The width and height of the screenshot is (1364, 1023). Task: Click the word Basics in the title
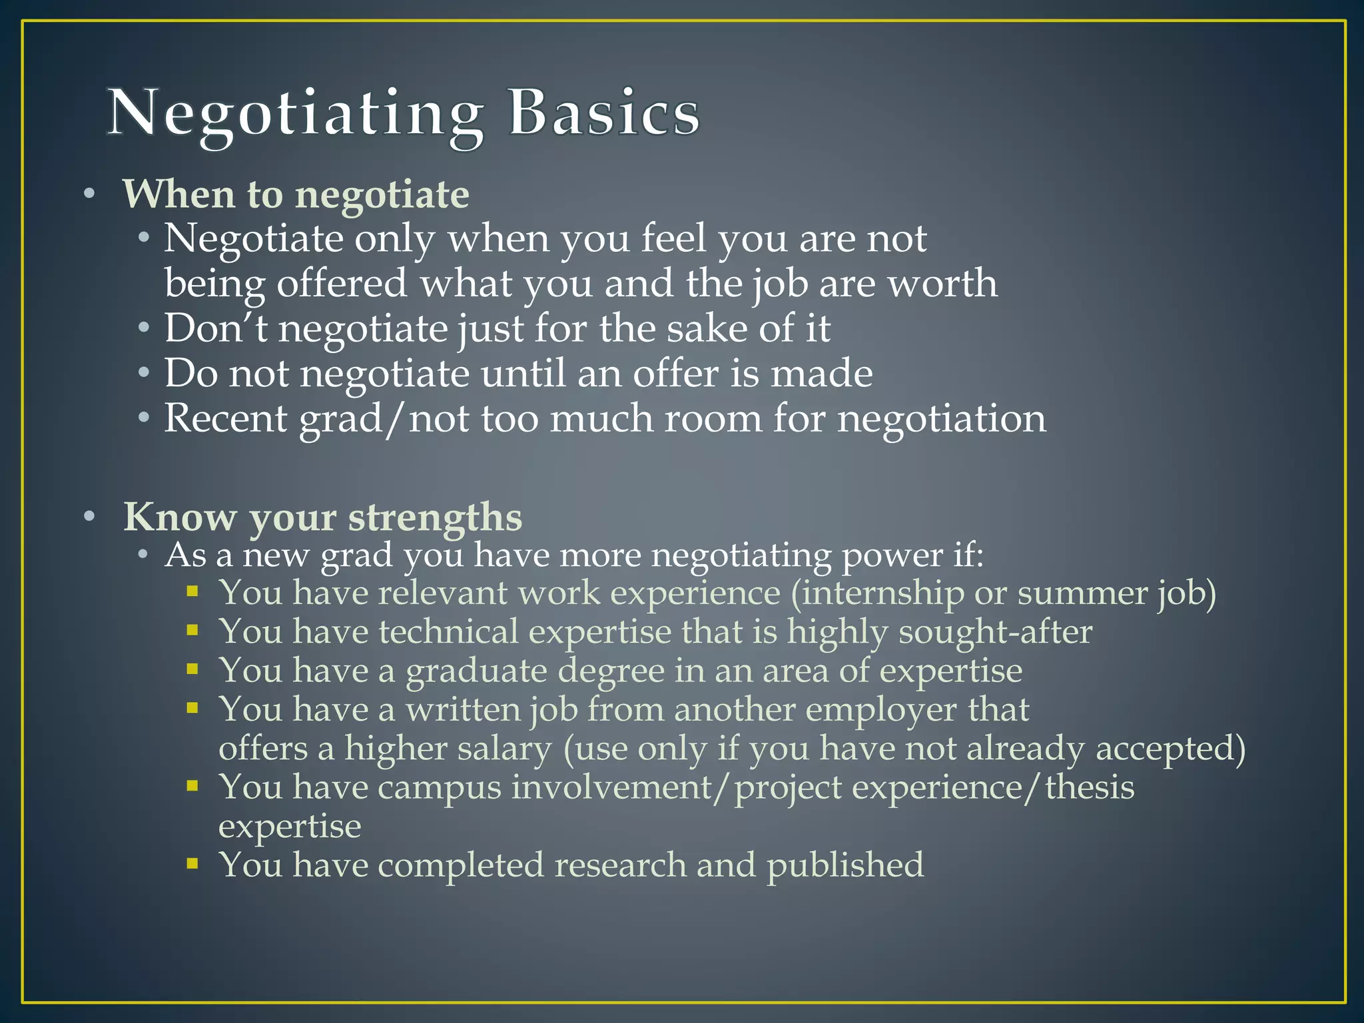coord(604,113)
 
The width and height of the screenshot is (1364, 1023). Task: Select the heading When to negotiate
coord(296,194)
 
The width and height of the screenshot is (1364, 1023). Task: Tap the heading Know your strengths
coord(323,517)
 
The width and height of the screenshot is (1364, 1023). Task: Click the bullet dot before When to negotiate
coord(90,195)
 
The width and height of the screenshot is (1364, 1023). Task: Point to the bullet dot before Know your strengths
coord(90,517)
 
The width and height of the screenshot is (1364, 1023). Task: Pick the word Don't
coord(216,328)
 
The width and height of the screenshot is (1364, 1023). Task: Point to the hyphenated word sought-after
coord(995,632)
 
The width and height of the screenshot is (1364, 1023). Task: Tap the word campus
coord(440,787)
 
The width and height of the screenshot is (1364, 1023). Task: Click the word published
coord(845,865)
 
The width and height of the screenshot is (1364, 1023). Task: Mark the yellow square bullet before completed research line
coord(192,864)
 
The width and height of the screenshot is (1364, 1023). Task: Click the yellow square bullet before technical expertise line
coord(192,630)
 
